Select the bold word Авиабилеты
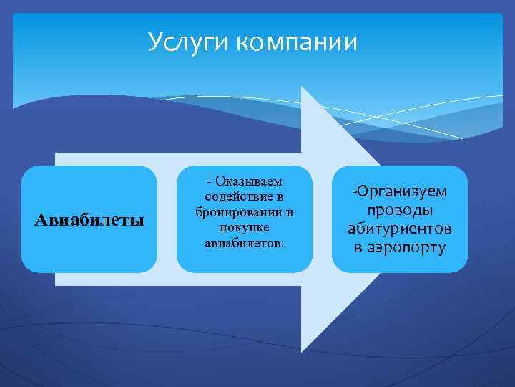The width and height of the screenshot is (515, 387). coord(89,219)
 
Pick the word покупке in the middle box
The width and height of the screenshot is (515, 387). coord(244,228)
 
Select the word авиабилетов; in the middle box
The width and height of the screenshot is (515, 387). coord(244,243)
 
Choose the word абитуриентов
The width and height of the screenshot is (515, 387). coord(399,229)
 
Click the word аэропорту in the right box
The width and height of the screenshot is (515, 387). coord(406,248)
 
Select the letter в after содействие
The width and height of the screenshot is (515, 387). coord(280,197)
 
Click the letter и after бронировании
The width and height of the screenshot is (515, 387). coord(290,213)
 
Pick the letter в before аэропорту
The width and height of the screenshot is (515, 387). coord(358,248)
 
